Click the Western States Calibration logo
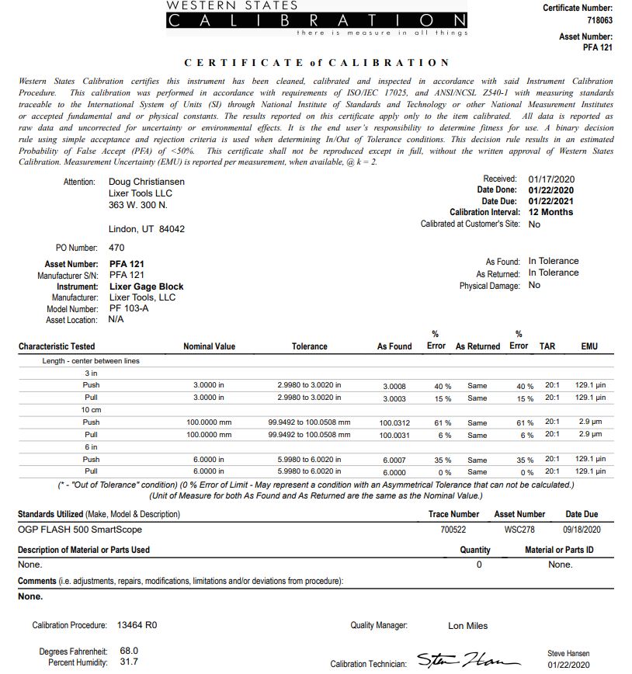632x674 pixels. coord(318,17)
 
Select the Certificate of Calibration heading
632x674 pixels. coord(317,62)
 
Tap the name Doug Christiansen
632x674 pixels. coord(147,182)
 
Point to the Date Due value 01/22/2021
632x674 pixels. coord(551,201)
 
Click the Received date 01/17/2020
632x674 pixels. coord(551,179)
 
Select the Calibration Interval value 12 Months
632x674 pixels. coord(551,212)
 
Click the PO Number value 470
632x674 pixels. coord(116,248)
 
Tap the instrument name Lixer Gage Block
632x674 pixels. coord(147,287)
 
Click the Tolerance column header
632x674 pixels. coord(309,346)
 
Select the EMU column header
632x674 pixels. coord(589,346)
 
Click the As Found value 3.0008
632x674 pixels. coord(394,386)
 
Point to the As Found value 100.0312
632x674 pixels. coord(394,423)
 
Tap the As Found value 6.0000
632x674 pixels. coord(394,472)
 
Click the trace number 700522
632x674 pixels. coord(454,530)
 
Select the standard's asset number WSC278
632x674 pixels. coord(519,530)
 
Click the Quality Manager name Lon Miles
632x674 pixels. coord(468,626)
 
